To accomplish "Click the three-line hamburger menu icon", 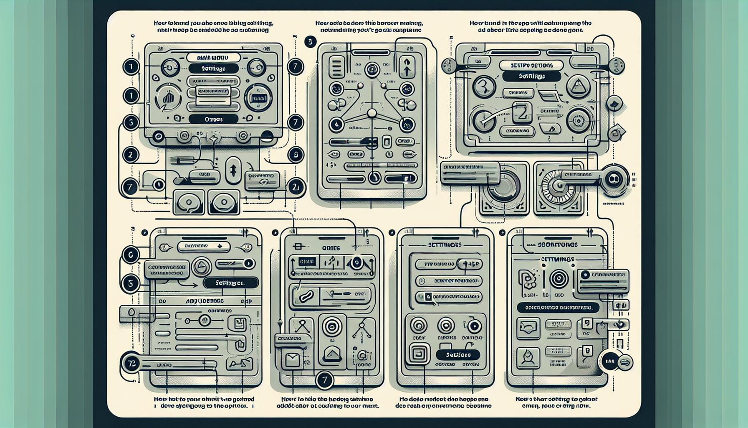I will point(337,68).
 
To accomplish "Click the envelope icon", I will point(292,360).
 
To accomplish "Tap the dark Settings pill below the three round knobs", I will point(457,355).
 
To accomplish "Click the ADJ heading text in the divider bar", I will point(205,301).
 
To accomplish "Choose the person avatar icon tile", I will point(528,357).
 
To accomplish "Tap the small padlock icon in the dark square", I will point(427,297).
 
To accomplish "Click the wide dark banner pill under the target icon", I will point(558,307).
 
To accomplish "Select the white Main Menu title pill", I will point(213,57).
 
